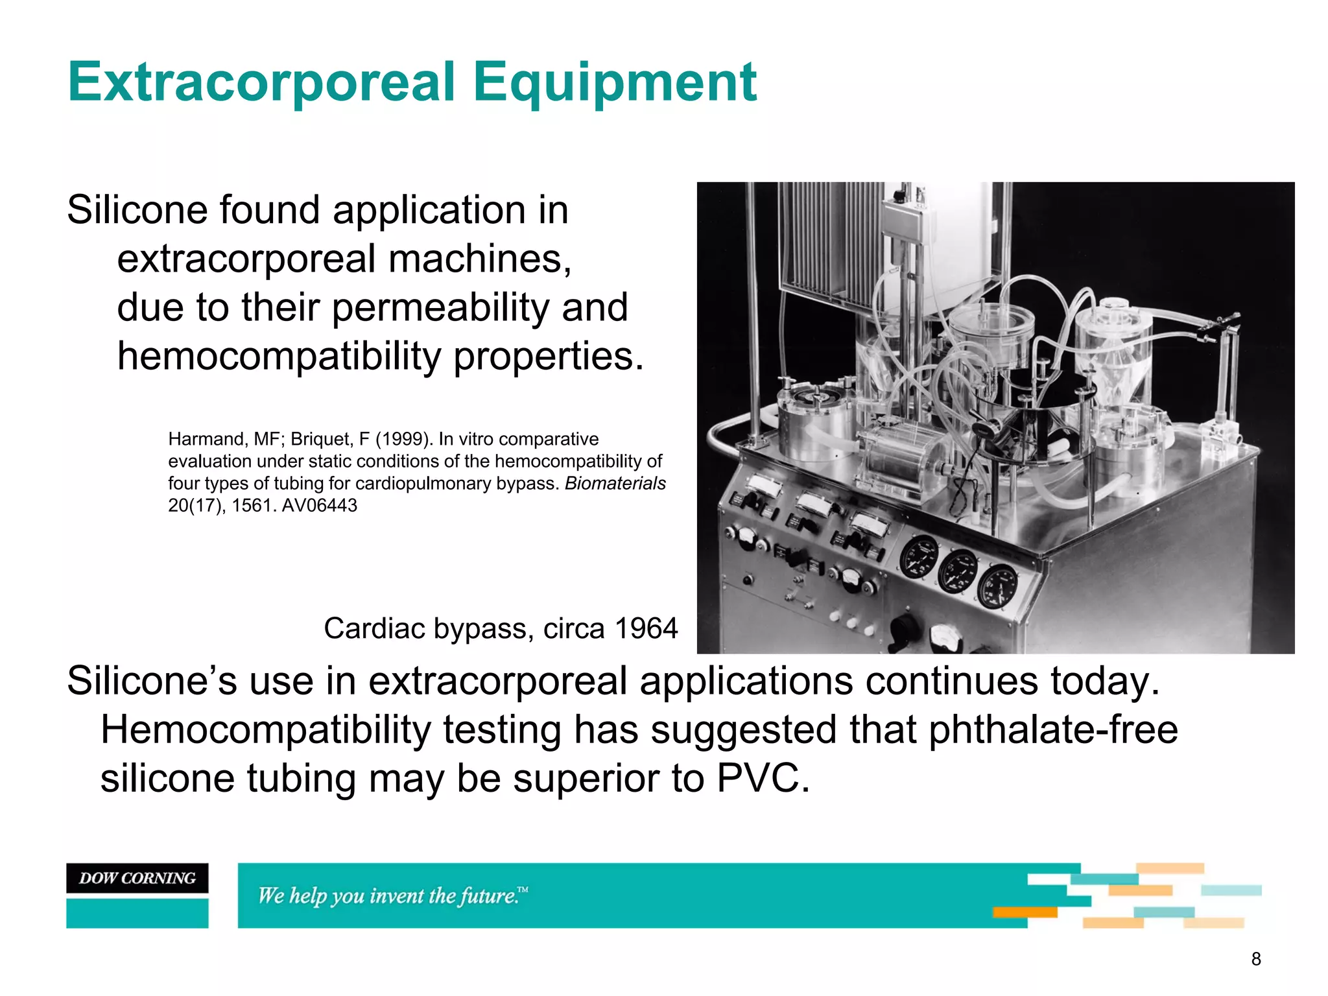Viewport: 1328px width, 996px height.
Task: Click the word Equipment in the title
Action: (614, 82)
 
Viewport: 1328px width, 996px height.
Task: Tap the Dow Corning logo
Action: (137, 878)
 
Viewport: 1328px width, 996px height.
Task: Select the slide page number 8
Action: (1255, 959)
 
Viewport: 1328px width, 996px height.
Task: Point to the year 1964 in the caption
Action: (646, 628)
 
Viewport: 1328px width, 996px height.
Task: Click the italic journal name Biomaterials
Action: (615, 484)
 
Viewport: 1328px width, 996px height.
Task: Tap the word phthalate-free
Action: (1052, 730)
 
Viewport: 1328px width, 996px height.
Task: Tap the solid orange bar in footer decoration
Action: (1025, 912)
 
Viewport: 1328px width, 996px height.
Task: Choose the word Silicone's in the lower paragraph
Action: (152, 682)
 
